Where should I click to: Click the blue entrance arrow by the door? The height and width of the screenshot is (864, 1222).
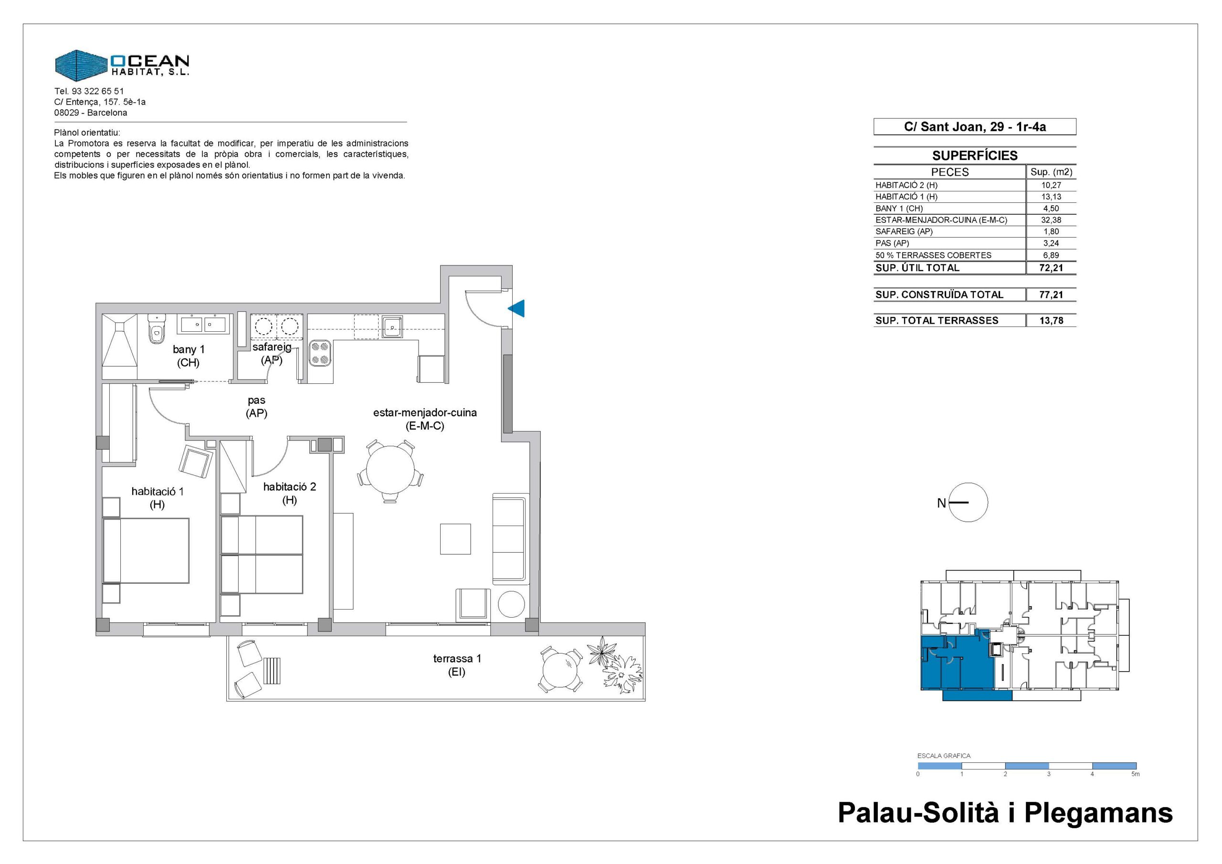tap(517, 308)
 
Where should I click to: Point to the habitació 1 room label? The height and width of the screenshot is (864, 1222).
tap(158, 498)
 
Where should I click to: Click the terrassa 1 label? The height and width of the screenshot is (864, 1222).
tap(457, 665)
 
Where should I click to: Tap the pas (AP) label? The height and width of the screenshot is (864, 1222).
tap(256, 406)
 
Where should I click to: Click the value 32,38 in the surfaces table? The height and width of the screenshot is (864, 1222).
tap(1051, 220)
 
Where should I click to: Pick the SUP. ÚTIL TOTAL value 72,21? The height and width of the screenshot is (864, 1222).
tap(1051, 268)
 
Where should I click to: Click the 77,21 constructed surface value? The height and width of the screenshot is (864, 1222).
tap(1051, 295)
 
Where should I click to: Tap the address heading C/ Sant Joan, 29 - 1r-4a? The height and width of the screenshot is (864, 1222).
tap(975, 126)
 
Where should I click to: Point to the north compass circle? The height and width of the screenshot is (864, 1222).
tap(969, 503)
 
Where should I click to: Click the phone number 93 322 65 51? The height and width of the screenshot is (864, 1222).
tap(98, 91)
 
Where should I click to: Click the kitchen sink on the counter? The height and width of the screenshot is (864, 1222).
tap(392, 327)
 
